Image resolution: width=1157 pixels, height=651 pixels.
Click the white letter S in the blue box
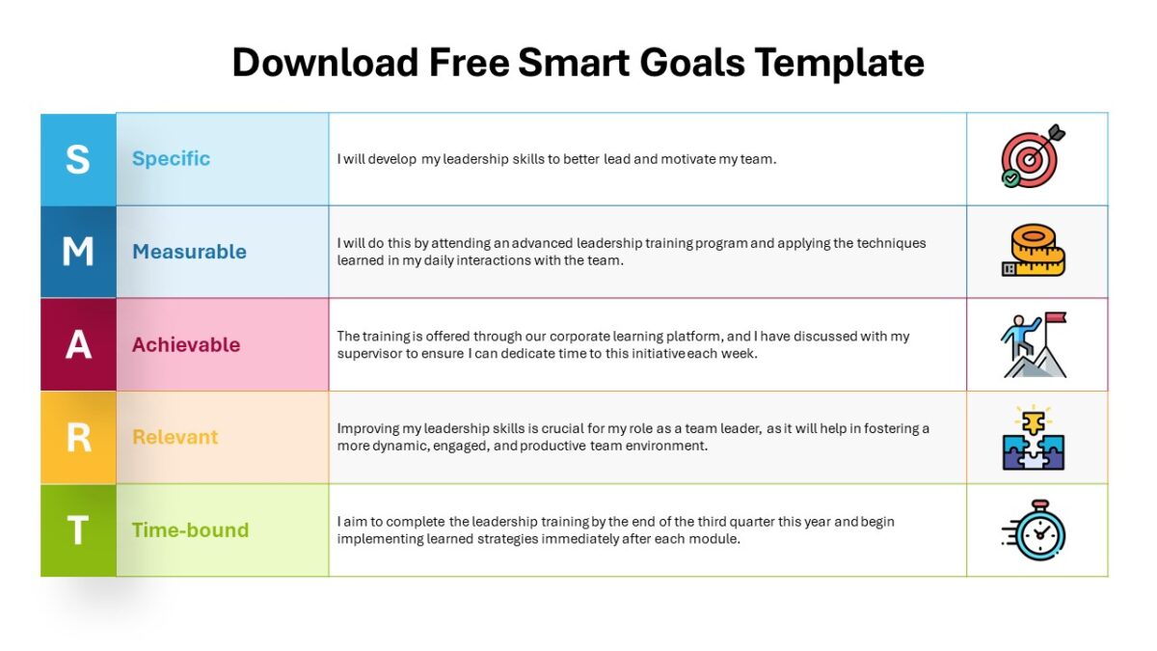[x=78, y=159]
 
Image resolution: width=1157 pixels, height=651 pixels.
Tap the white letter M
[x=78, y=252]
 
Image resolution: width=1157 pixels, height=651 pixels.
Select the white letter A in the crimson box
[x=78, y=344]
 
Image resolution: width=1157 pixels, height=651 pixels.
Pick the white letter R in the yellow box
[x=78, y=438]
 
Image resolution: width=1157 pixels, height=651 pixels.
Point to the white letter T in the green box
[x=78, y=530]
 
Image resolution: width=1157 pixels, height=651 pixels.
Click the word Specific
[x=171, y=158]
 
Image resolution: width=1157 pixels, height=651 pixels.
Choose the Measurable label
[x=190, y=252]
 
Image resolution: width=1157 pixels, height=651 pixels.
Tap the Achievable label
[x=186, y=344]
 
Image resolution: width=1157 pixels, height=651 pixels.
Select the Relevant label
[x=175, y=437]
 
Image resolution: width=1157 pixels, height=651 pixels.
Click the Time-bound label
[x=191, y=530]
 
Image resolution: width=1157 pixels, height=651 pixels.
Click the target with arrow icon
[x=1033, y=155]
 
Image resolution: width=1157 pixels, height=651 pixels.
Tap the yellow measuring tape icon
[x=1034, y=250]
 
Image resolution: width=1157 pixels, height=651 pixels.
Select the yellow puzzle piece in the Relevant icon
[x=1033, y=423]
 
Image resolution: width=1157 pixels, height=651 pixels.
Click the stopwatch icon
[x=1034, y=530]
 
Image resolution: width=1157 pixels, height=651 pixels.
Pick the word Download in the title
[x=326, y=63]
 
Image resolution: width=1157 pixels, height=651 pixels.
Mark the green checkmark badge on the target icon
[x=1010, y=178]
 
